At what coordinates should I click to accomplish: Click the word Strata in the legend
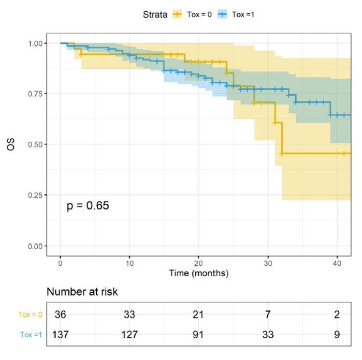(155, 15)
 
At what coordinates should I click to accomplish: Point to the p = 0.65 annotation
(88, 206)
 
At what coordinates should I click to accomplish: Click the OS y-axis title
(11, 144)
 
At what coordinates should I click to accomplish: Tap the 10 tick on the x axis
(129, 261)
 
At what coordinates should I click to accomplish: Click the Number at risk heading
(82, 292)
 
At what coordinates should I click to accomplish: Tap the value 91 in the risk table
(198, 334)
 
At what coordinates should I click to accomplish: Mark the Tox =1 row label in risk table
(29, 334)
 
